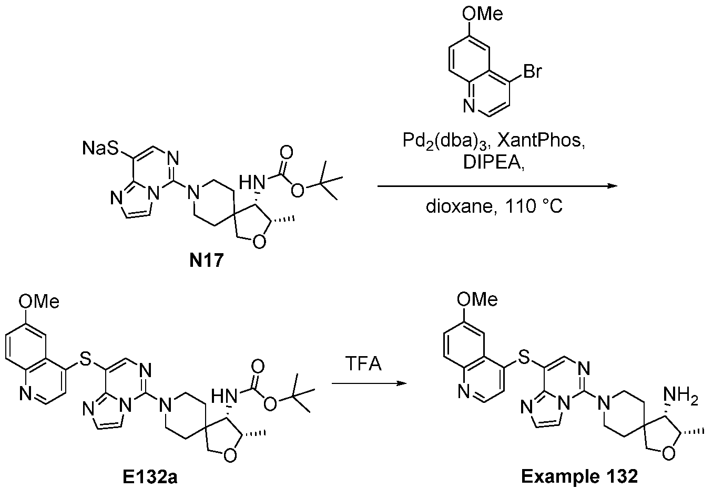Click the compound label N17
click(x=207, y=261)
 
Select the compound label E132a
click(x=150, y=477)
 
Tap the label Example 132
click(x=579, y=477)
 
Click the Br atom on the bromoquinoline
click(x=532, y=71)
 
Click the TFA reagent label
click(x=363, y=363)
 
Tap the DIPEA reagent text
click(x=493, y=163)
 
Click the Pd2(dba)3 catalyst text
click(x=446, y=141)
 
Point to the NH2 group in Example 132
click(x=681, y=396)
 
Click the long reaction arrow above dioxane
click(x=497, y=186)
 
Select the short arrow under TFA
click(x=369, y=383)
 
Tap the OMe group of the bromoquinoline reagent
click(x=482, y=14)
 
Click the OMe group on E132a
click(x=39, y=301)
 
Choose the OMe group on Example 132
click(x=477, y=299)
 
